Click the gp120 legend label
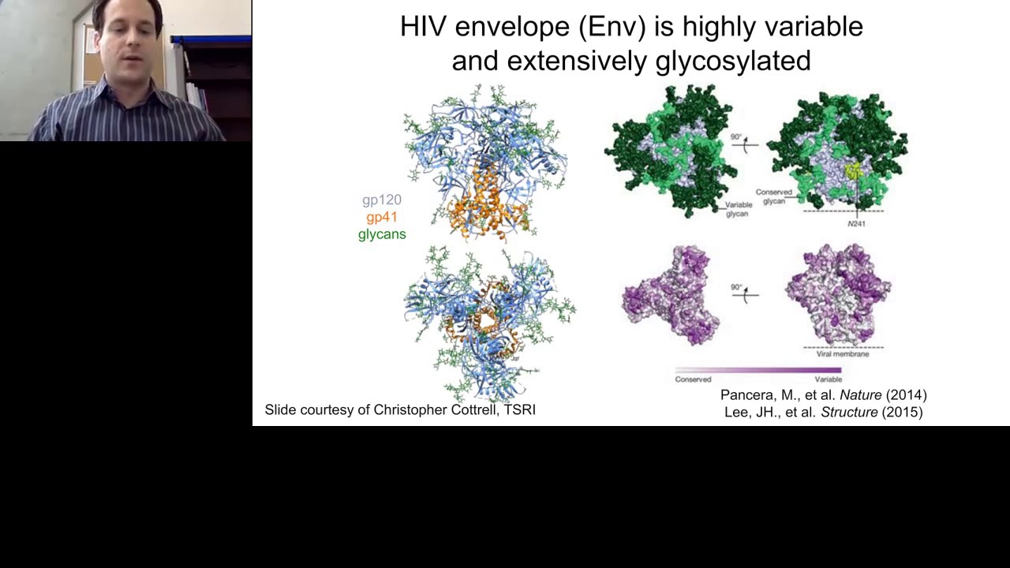(x=382, y=200)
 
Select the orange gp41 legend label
(x=382, y=217)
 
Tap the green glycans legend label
(x=382, y=234)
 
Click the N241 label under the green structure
(x=856, y=224)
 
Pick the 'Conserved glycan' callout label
(x=773, y=196)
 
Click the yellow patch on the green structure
(x=853, y=171)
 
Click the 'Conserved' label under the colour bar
(x=693, y=379)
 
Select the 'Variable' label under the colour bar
(x=828, y=379)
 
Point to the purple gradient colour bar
(x=758, y=369)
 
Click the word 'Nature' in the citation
(x=860, y=394)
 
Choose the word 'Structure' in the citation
(x=849, y=412)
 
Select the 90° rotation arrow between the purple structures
(x=743, y=293)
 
